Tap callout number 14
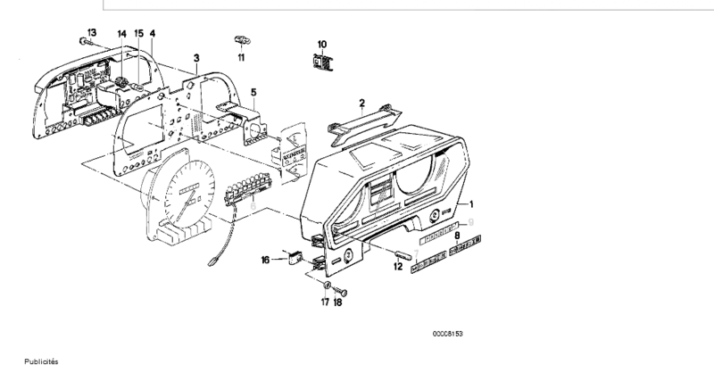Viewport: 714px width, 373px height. point(121,33)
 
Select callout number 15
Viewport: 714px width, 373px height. point(138,33)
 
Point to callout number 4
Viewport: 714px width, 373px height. point(153,33)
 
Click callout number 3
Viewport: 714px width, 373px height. point(195,58)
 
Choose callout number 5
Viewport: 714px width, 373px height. point(253,92)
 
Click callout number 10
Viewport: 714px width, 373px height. point(322,44)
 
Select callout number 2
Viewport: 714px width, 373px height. point(362,102)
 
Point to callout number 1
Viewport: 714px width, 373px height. point(485,205)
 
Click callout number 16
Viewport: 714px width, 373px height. point(265,260)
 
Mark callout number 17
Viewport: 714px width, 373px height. point(325,303)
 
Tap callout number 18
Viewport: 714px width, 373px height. point(339,303)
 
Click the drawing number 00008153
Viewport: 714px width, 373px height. point(448,334)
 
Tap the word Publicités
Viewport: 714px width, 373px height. point(40,362)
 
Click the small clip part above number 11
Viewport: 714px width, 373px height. point(241,40)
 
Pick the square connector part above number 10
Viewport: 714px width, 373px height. point(322,62)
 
